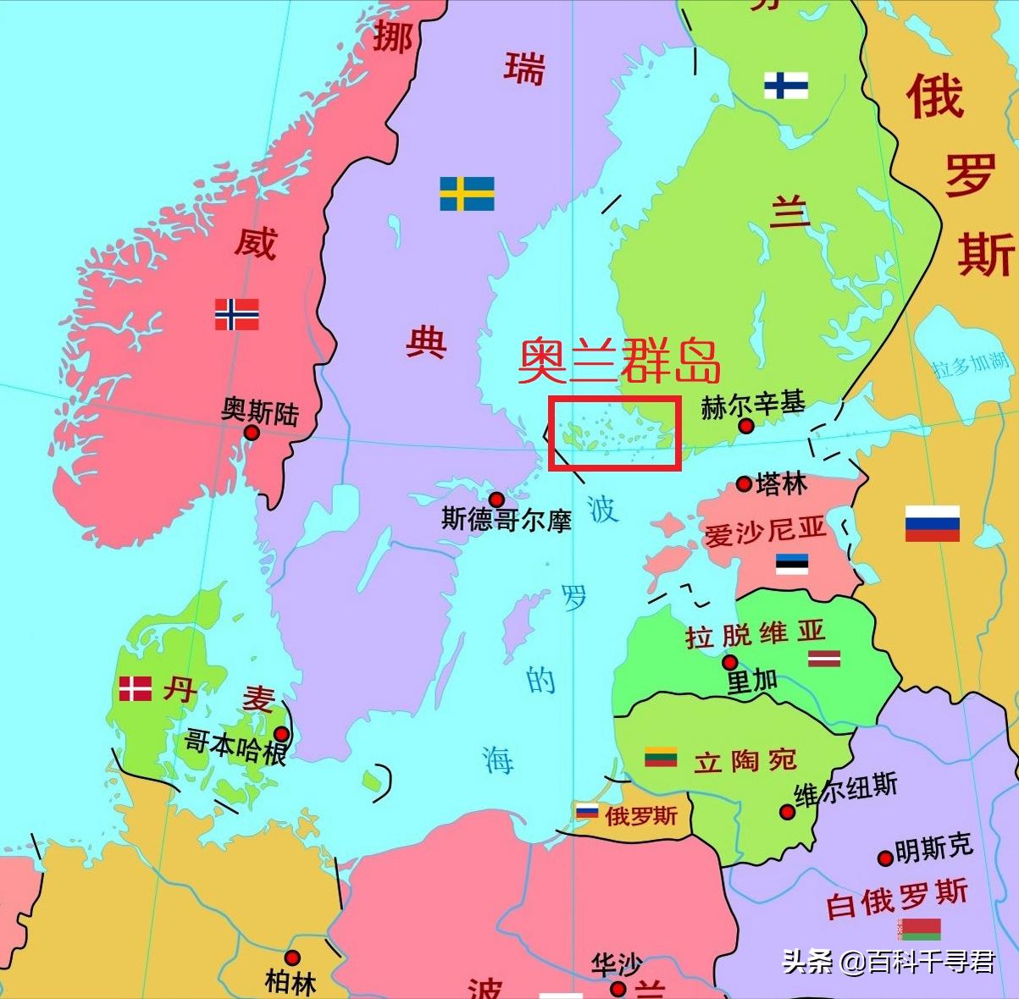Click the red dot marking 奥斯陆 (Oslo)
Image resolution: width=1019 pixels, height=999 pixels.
click(x=252, y=433)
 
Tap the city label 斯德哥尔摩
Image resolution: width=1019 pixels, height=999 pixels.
click(x=506, y=519)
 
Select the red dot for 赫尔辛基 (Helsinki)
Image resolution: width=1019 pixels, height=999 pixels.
click(x=745, y=426)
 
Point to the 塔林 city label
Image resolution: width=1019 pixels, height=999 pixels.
click(x=781, y=484)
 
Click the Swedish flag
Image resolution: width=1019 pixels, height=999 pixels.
click(x=467, y=194)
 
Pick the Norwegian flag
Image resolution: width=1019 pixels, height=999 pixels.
click(x=236, y=314)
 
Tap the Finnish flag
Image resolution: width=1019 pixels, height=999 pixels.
click(x=785, y=86)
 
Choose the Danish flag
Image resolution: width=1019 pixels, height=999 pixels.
click(x=136, y=688)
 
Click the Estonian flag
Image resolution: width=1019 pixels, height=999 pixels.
click(x=792, y=564)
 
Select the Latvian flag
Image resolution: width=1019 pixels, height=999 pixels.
click(x=823, y=658)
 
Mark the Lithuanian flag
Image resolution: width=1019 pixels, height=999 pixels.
click(x=661, y=757)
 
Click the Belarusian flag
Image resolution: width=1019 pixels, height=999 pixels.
click(x=921, y=929)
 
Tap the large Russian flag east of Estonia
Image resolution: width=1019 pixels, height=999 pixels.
click(x=932, y=523)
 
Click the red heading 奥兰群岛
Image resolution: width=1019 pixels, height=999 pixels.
click(x=619, y=362)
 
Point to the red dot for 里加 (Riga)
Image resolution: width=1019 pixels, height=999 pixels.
click(x=729, y=662)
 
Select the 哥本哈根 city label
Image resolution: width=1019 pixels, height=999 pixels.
click(x=235, y=746)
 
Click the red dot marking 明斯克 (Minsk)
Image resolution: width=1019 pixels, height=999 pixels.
click(x=885, y=858)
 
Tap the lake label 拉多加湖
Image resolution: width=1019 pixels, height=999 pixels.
click(x=972, y=364)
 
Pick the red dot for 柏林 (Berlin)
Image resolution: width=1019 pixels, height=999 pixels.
click(x=292, y=958)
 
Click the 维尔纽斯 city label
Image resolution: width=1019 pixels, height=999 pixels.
click(x=845, y=790)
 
